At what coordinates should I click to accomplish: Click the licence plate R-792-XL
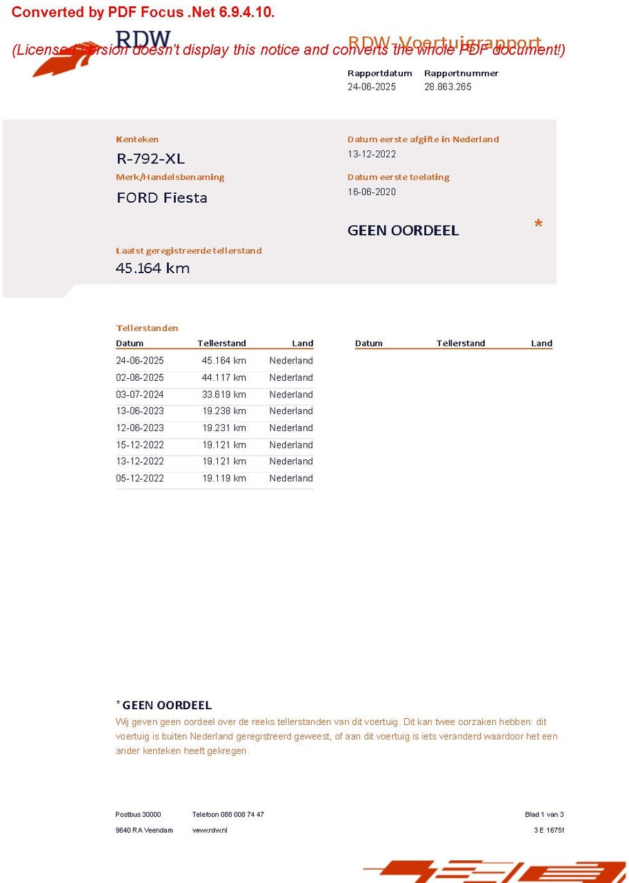pyautogui.click(x=150, y=159)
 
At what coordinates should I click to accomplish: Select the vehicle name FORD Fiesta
pyautogui.click(x=162, y=198)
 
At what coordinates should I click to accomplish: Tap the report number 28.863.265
pyautogui.click(x=448, y=87)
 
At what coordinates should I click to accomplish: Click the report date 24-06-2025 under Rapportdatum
pyautogui.click(x=372, y=87)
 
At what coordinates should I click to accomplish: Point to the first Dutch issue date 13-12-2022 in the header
pyautogui.click(x=372, y=155)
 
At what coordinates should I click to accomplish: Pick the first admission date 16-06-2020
pyautogui.click(x=372, y=192)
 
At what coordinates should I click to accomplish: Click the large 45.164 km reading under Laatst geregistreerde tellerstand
pyautogui.click(x=152, y=268)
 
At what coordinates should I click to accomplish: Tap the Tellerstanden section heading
pyautogui.click(x=147, y=328)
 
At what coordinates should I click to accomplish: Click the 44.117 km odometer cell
pyautogui.click(x=224, y=378)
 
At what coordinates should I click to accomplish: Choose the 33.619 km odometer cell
pyautogui.click(x=224, y=395)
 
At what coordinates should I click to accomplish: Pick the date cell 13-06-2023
pyautogui.click(x=140, y=411)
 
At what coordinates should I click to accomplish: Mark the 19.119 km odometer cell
pyautogui.click(x=224, y=478)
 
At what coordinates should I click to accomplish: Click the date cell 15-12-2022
pyautogui.click(x=140, y=445)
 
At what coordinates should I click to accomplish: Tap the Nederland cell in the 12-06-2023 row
pyautogui.click(x=291, y=428)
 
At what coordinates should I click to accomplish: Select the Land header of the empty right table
pyautogui.click(x=541, y=344)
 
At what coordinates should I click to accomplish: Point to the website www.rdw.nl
pyautogui.click(x=210, y=830)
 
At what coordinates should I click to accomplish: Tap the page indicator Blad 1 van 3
pyautogui.click(x=544, y=815)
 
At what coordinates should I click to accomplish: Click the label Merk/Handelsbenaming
pyautogui.click(x=170, y=177)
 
